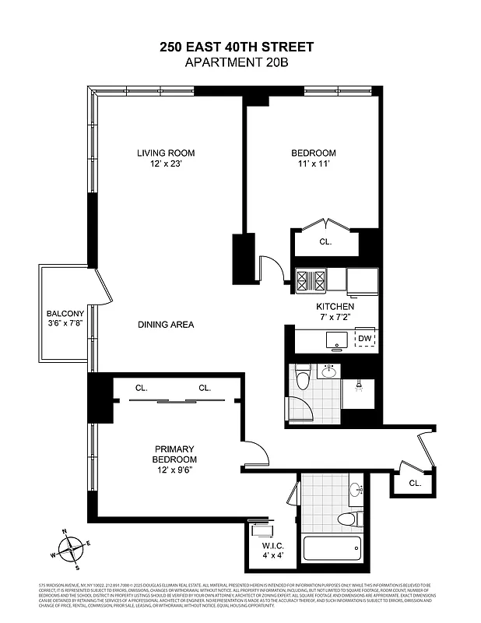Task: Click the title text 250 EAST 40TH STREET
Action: click(x=237, y=48)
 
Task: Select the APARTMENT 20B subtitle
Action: click(x=237, y=63)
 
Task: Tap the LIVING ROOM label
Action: click(x=165, y=153)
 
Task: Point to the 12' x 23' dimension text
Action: click(x=165, y=164)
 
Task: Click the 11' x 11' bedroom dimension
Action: click(x=314, y=164)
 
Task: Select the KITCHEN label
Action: click(x=335, y=307)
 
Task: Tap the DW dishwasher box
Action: click(x=364, y=338)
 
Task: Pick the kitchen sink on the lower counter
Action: click(x=337, y=339)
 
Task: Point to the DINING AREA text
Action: click(x=166, y=325)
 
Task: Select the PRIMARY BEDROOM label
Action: click(x=174, y=454)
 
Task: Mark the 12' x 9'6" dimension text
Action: click(x=174, y=470)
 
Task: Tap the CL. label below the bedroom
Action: click(x=325, y=242)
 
